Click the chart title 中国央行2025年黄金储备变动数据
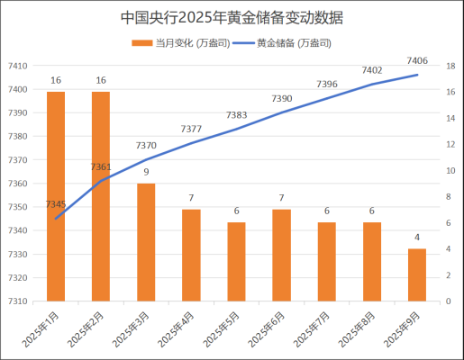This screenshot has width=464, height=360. click(x=232, y=18)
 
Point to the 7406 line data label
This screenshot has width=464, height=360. click(x=417, y=60)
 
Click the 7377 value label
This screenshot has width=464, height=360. click(x=191, y=130)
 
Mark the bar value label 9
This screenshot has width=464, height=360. click(x=146, y=172)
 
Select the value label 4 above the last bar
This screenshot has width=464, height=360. click(x=416, y=238)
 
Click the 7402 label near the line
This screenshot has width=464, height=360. click(x=372, y=70)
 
